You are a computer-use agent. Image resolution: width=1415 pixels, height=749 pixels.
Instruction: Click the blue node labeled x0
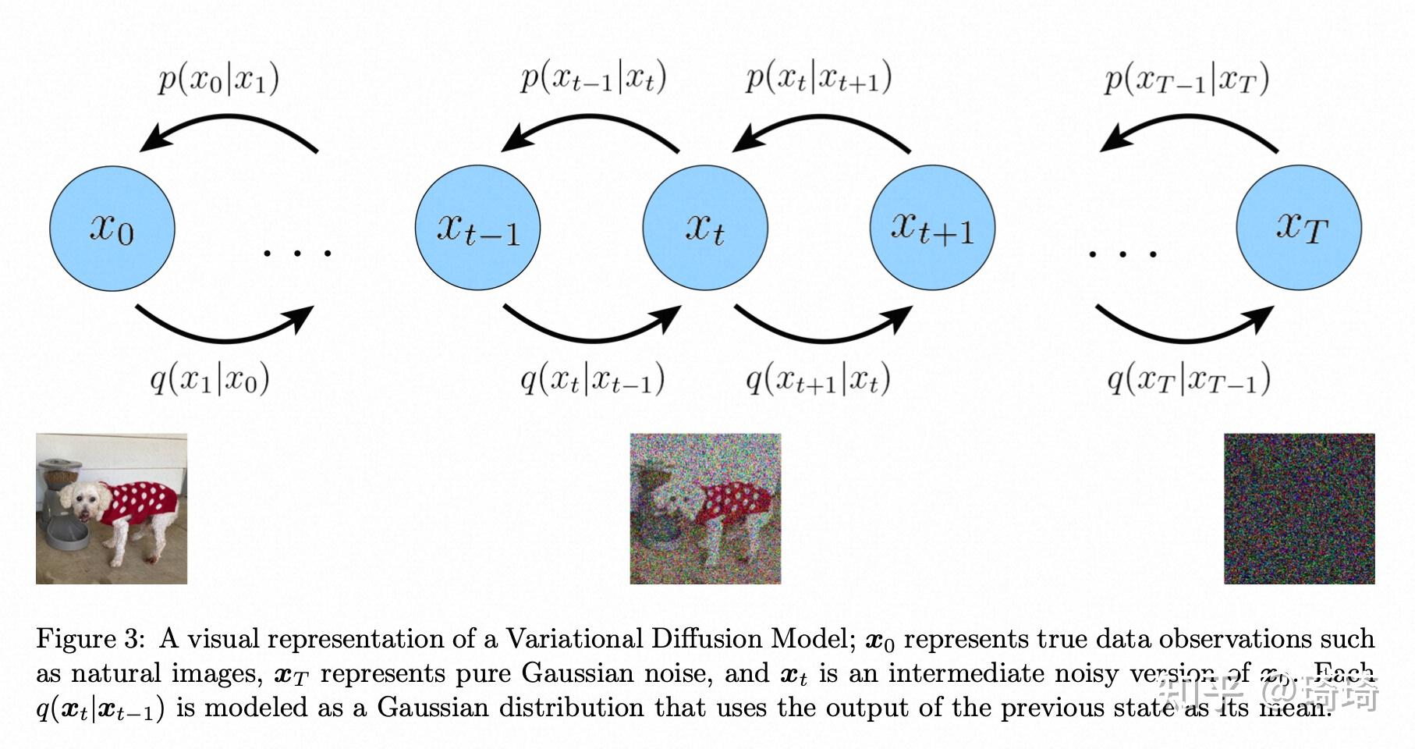112,229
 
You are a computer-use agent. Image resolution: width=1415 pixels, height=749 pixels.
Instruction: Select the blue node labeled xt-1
477,229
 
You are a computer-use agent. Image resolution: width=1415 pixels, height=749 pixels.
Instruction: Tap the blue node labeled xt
705,229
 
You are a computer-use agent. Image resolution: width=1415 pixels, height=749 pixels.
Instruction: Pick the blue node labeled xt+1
932,229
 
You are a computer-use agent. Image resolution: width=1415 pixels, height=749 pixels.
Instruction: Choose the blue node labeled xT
1299,229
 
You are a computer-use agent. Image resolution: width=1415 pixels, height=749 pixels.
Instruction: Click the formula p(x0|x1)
218,80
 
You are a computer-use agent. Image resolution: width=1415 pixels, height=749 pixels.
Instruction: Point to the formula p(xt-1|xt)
593,80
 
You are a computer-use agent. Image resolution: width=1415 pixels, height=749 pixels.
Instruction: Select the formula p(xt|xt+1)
818,80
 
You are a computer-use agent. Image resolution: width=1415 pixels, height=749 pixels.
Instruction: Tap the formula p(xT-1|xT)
1186,80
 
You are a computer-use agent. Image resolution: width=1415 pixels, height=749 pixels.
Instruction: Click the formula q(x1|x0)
210,380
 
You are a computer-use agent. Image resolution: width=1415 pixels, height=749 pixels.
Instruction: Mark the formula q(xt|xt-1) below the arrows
592,380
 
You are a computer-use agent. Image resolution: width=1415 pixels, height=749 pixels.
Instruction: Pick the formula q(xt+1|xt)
818,380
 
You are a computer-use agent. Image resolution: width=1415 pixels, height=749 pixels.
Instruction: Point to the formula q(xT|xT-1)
1188,380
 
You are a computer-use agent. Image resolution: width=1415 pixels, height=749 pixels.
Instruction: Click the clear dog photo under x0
112,509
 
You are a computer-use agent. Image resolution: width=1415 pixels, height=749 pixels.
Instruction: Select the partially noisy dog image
705,509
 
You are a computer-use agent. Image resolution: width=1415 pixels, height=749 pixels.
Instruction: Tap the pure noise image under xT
1299,509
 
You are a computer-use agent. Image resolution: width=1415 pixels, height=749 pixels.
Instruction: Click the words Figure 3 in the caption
90,639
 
